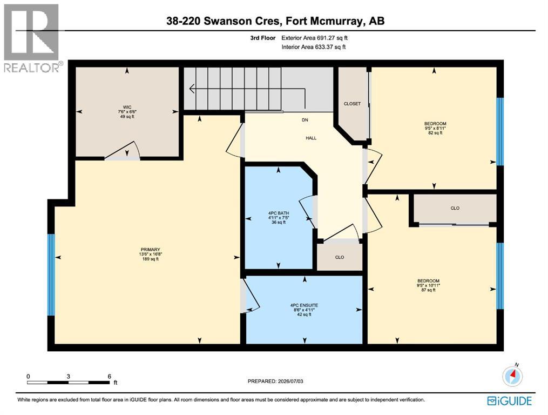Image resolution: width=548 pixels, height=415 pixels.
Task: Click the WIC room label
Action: (x=127, y=107)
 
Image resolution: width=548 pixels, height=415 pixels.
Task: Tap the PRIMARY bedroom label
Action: (x=150, y=250)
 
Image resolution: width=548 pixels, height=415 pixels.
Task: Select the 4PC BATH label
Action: (x=279, y=213)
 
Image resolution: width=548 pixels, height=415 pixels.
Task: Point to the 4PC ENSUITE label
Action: (x=304, y=305)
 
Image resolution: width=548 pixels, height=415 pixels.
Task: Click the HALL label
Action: (x=311, y=138)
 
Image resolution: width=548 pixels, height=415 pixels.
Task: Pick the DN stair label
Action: (x=305, y=119)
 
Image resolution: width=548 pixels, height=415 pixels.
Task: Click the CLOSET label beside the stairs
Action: (x=352, y=104)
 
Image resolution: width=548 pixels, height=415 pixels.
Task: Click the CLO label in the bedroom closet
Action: (x=455, y=208)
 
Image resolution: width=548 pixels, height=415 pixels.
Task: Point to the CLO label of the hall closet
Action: (x=340, y=257)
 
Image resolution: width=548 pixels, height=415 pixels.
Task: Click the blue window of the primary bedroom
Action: (x=51, y=275)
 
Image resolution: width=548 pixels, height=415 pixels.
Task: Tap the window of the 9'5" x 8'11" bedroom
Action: (x=500, y=131)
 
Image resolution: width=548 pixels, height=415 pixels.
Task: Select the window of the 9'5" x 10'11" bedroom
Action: (x=500, y=276)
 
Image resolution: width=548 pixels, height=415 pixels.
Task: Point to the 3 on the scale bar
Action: (x=68, y=377)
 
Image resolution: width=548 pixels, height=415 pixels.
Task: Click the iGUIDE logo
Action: (x=510, y=400)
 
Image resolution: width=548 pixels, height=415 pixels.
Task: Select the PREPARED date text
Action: (x=275, y=381)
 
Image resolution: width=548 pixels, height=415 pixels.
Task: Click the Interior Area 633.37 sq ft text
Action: (x=314, y=47)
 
